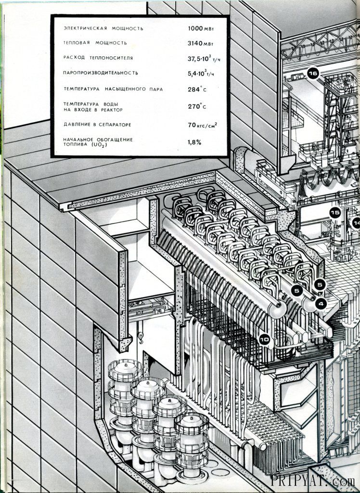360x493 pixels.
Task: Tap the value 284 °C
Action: point(197,89)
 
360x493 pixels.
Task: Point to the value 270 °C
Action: point(197,106)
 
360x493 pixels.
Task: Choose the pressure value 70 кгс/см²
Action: point(202,125)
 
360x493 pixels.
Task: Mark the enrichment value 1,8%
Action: point(194,142)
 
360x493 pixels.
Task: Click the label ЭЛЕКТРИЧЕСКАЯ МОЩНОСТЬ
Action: point(103,28)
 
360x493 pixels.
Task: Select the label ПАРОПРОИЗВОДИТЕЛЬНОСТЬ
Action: point(101,73)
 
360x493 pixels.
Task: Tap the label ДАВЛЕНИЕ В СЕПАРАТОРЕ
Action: point(100,125)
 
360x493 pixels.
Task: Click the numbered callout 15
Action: point(335,212)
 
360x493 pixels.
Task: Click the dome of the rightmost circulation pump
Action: point(191,420)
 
